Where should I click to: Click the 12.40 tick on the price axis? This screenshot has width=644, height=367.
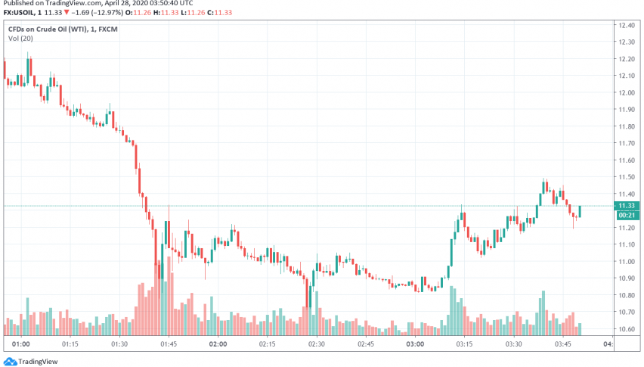coord(625,26)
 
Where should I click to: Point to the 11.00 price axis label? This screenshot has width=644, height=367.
coord(625,261)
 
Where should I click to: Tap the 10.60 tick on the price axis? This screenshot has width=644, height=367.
coord(625,328)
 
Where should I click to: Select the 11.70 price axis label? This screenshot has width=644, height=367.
coord(625,143)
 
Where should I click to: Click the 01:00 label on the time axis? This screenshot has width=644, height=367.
coord(21,344)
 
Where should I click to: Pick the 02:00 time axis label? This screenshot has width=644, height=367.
coord(218,344)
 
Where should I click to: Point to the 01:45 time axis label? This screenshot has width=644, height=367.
coord(169,344)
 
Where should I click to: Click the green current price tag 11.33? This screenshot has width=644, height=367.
coord(625,206)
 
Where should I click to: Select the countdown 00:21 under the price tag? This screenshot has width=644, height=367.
coord(625,215)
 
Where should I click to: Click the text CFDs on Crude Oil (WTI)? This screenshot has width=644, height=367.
coord(50,29)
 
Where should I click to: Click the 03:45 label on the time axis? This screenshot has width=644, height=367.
coord(562,344)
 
